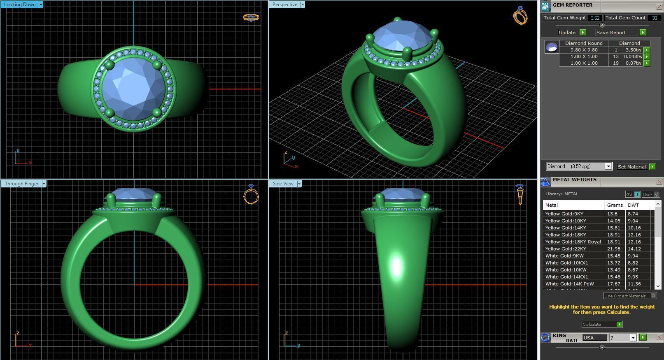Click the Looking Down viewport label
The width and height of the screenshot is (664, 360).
click(20, 5)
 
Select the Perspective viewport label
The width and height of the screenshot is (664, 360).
click(284, 5)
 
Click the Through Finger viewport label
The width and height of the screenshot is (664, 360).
click(21, 184)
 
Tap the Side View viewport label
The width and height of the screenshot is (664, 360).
click(283, 184)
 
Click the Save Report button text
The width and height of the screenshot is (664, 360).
click(611, 33)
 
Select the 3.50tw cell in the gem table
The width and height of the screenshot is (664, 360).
click(633, 50)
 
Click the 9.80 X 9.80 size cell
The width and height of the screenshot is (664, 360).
click(584, 50)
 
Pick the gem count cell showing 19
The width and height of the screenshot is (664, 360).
click(616, 63)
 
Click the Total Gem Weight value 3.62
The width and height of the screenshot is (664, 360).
click(595, 18)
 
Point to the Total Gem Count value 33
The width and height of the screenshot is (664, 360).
click(654, 18)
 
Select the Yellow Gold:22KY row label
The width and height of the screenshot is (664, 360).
click(566, 249)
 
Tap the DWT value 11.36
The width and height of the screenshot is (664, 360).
click(634, 284)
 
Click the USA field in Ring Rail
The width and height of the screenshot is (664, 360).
click(594, 338)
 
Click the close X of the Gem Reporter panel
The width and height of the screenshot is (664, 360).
click(659, 7)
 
